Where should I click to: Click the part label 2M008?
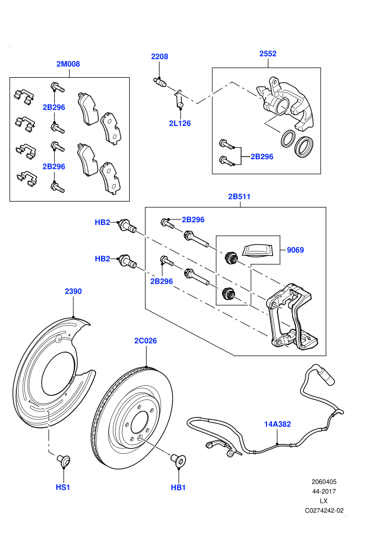pyautogui.click(x=68, y=64)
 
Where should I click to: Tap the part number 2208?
pyautogui.click(x=160, y=57)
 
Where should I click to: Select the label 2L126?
pyautogui.click(x=180, y=123)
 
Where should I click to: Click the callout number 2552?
pyautogui.click(x=268, y=53)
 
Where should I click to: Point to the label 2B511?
pyautogui.click(x=239, y=197)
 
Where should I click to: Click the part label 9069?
pyautogui.click(x=295, y=250)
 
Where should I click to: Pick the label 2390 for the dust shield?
pyautogui.click(x=73, y=291)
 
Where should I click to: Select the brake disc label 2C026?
pyautogui.click(x=145, y=341)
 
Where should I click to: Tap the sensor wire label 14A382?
pyautogui.click(x=277, y=424)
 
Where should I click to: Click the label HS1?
pyautogui.click(x=63, y=487)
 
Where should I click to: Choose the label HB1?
pyautogui.click(x=178, y=487)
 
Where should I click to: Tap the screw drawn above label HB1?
pyautogui.click(x=179, y=459)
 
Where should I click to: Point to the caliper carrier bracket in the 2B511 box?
pyautogui.click(x=292, y=316)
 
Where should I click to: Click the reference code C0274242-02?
pyautogui.click(x=324, y=510)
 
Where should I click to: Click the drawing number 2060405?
pyautogui.click(x=324, y=481)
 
